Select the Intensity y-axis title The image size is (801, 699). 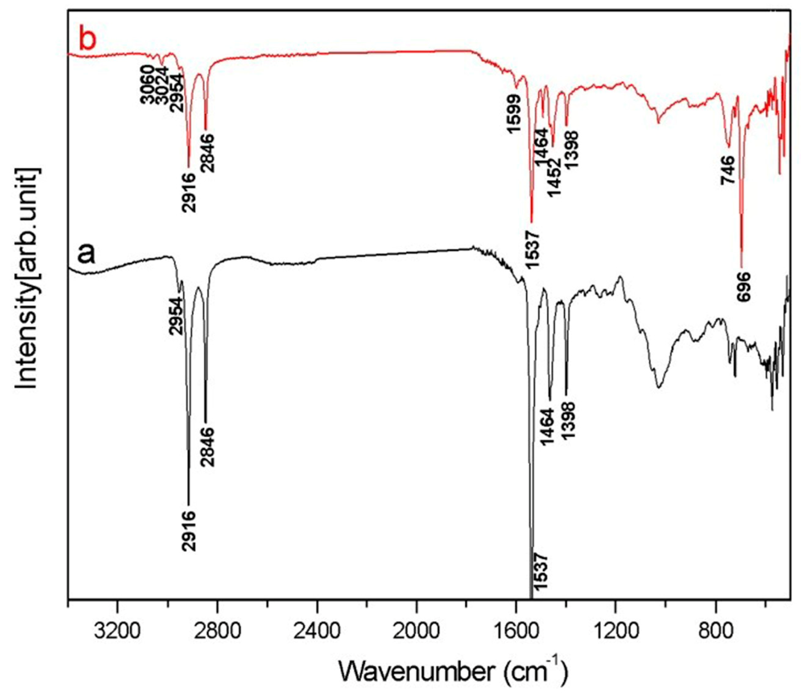click(x=28, y=278)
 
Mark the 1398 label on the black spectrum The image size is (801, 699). click(x=568, y=426)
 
